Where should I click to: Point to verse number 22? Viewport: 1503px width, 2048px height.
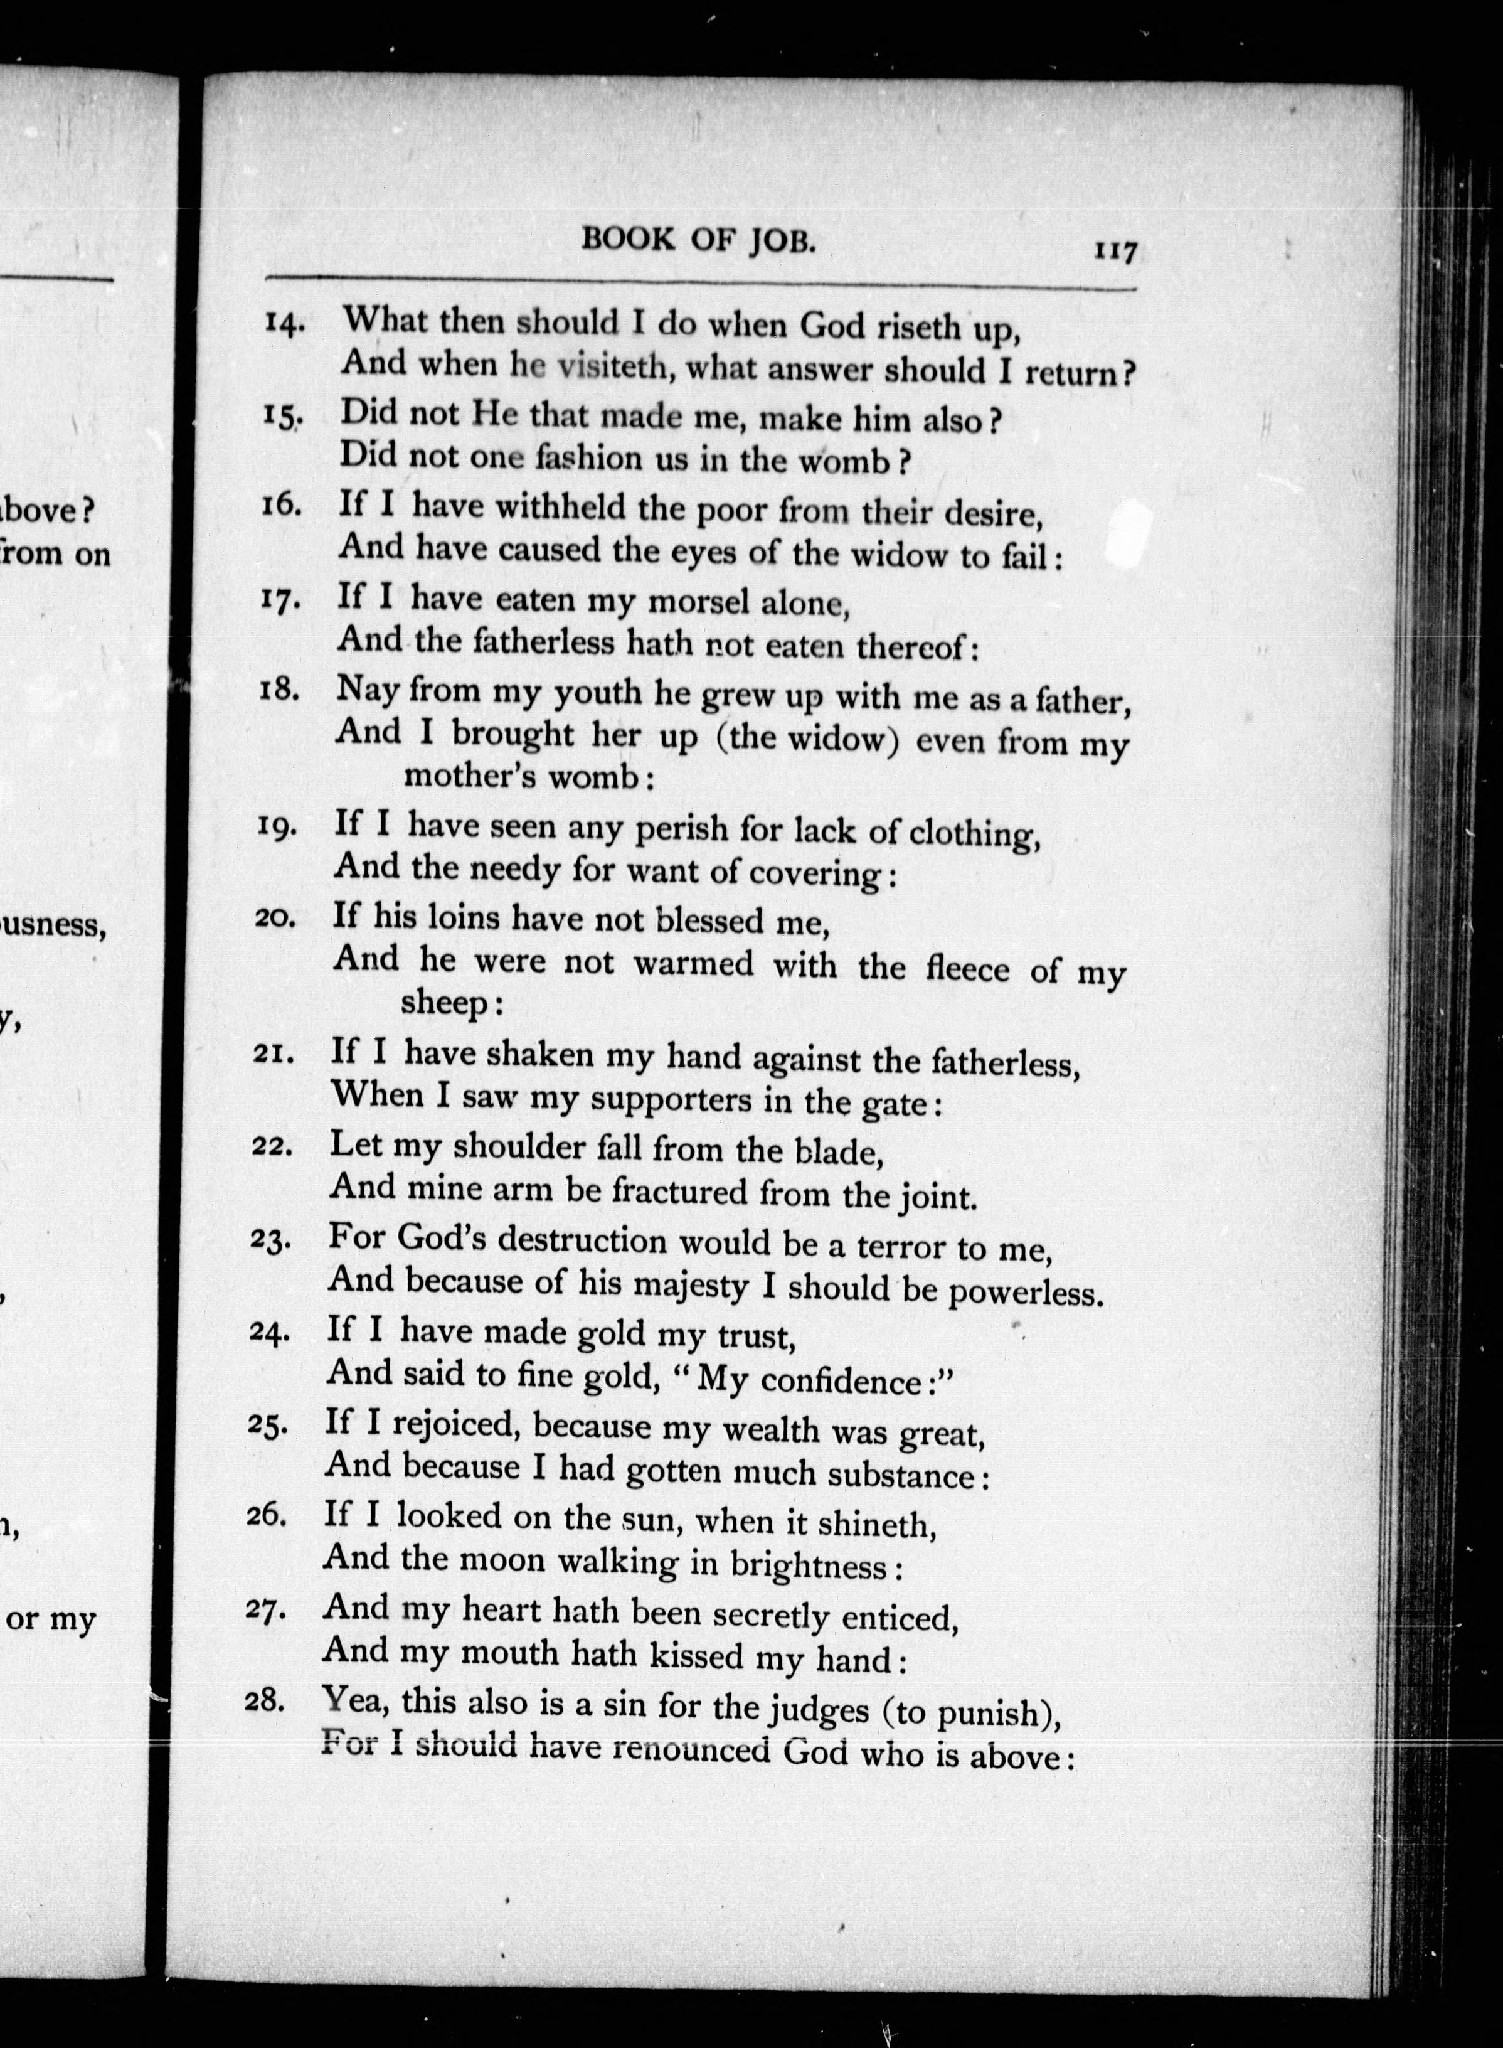tap(270, 1146)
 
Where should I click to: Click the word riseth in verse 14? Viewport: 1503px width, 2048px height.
tap(917, 328)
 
